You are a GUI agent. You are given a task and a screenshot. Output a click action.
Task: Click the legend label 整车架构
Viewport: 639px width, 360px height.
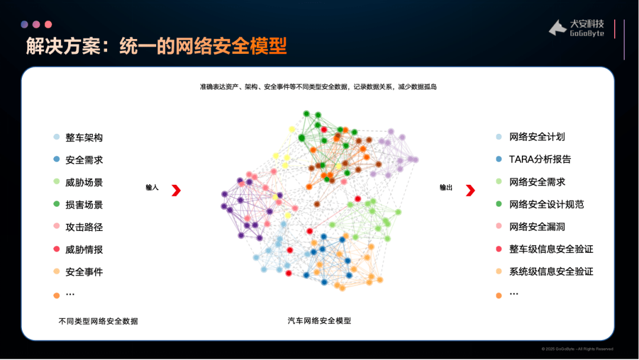pyautogui.click(x=84, y=138)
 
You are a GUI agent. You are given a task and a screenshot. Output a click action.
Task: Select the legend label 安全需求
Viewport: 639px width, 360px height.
pyautogui.click(x=84, y=160)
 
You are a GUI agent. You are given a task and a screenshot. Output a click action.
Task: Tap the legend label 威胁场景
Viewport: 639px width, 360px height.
pyautogui.click(x=84, y=182)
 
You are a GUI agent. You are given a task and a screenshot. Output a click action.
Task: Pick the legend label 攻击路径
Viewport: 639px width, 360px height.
pyautogui.click(x=84, y=227)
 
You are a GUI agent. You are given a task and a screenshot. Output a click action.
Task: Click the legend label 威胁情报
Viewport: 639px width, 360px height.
pyautogui.click(x=84, y=249)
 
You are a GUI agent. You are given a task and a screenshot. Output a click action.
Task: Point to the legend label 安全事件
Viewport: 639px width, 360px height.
pyautogui.click(x=84, y=272)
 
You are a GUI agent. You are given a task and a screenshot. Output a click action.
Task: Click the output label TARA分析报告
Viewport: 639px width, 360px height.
pyautogui.click(x=540, y=159)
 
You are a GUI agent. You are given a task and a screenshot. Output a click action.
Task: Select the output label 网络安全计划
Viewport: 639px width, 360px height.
pyautogui.click(x=537, y=137)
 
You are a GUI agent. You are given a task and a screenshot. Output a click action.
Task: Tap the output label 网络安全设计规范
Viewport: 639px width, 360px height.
pyautogui.click(x=547, y=204)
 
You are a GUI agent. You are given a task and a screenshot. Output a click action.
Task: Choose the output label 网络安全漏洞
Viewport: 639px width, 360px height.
pyautogui.click(x=537, y=227)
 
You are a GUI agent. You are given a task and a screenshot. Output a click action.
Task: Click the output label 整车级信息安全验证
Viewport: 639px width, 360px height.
pyautogui.click(x=551, y=249)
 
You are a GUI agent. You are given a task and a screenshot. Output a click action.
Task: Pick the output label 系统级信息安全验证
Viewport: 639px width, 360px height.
pyautogui.click(x=551, y=272)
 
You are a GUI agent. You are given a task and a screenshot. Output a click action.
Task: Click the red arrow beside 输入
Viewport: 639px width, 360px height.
pyautogui.click(x=176, y=191)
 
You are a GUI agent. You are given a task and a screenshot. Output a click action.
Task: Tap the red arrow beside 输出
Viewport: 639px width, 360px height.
pyautogui.click(x=471, y=191)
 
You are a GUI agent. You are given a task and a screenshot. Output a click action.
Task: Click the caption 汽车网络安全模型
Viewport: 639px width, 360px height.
pyautogui.click(x=319, y=321)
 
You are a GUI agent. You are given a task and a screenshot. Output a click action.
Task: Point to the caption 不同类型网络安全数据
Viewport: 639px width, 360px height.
pyautogui.click(x=98, y=322)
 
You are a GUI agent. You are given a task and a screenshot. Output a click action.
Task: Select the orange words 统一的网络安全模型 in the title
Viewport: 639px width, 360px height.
pyautogui.click(x=203, y=46)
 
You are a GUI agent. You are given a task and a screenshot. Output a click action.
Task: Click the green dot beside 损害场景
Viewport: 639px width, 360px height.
pyautogui.click(x=57, y=204)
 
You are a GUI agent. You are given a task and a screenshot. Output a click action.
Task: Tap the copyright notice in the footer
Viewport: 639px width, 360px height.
pyautogui.click(x=577, y=349)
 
